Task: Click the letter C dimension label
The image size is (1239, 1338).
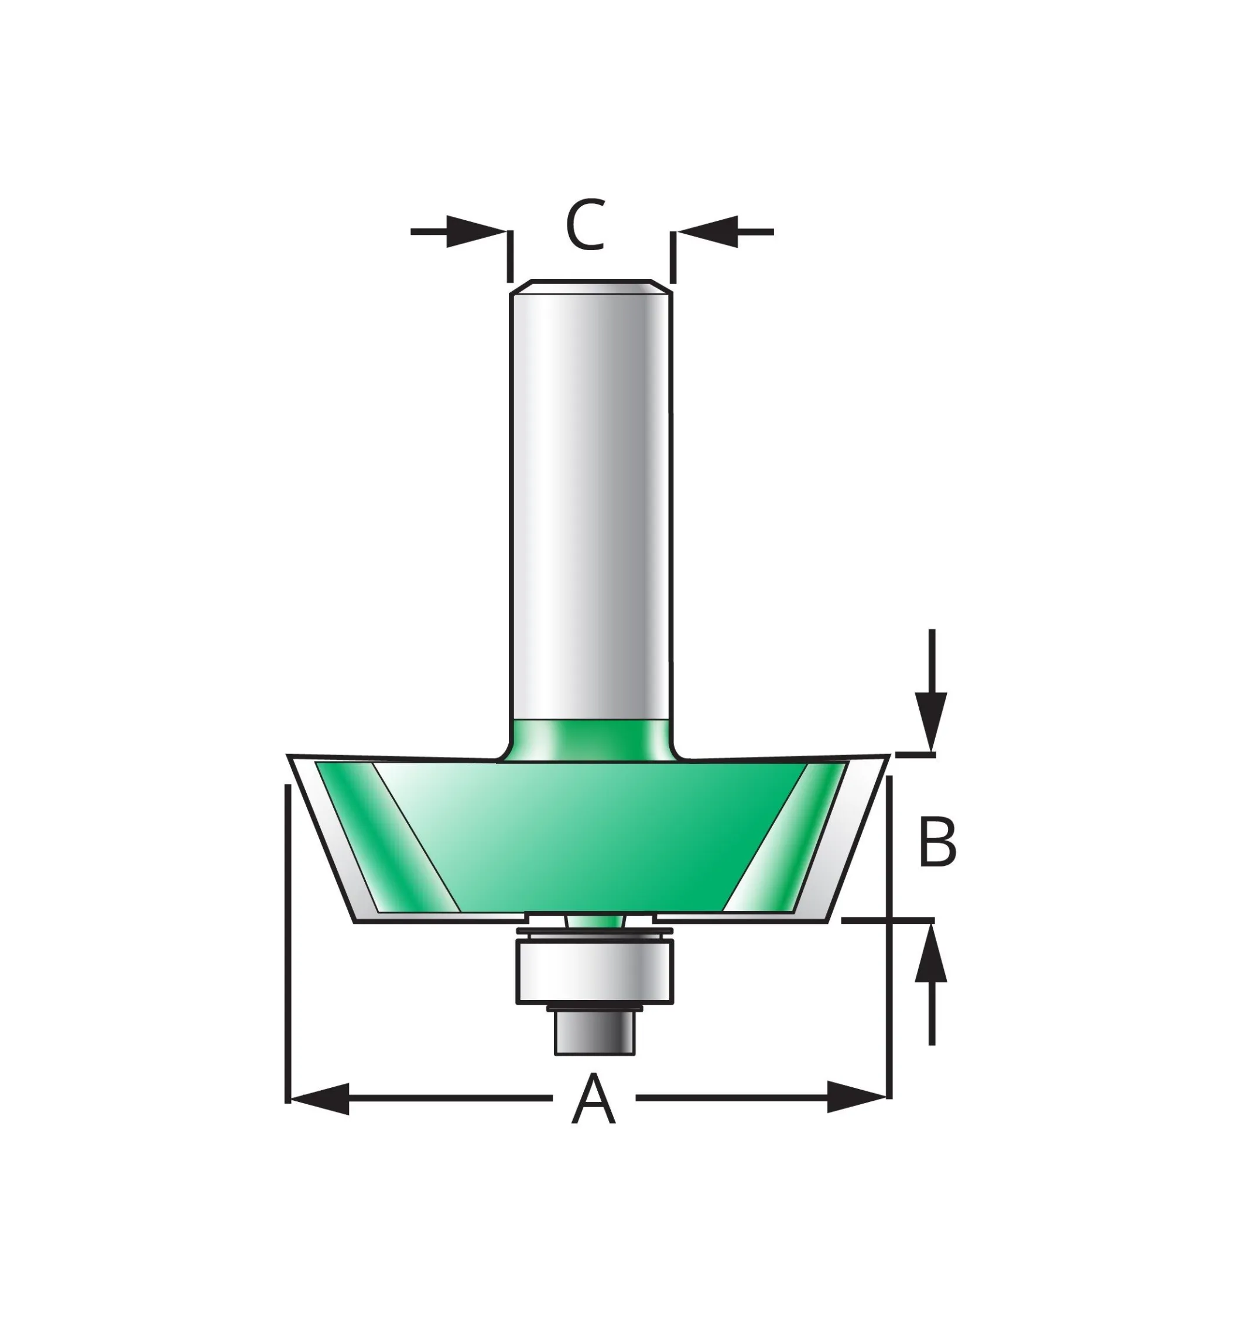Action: (x=586, y=225)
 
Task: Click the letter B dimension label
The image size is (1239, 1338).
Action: (x=937, y=842)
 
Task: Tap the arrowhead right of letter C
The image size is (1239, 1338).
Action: (x=708, y=231)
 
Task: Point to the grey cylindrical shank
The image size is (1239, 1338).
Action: (x=590, y=503)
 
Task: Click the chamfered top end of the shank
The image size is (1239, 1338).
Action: (x=591, y=286)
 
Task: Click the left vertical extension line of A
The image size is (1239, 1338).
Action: (x=287, y=939)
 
